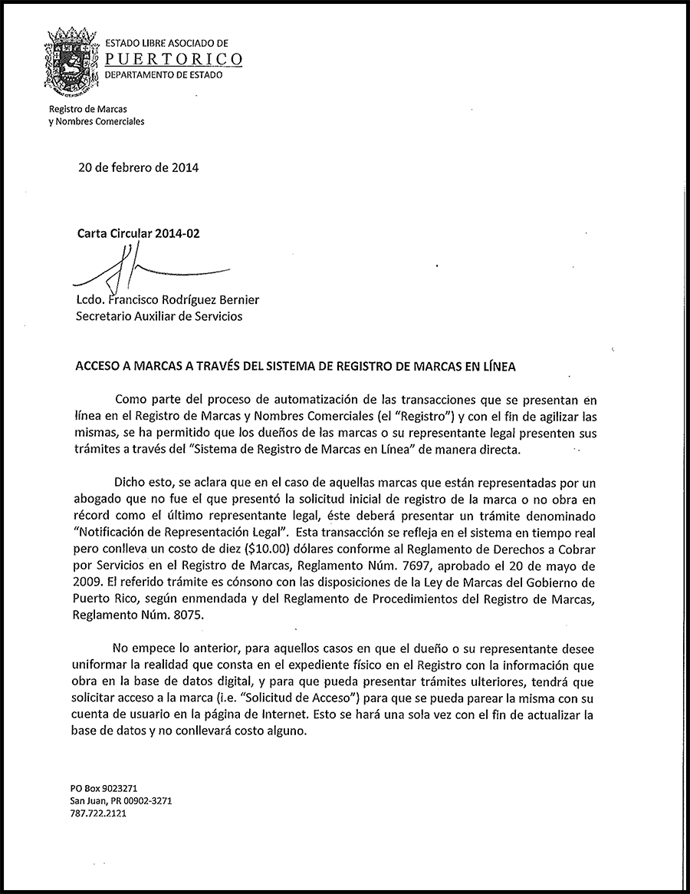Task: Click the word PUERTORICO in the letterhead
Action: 173,59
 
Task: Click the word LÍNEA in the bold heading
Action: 497,367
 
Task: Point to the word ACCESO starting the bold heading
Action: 101,367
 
